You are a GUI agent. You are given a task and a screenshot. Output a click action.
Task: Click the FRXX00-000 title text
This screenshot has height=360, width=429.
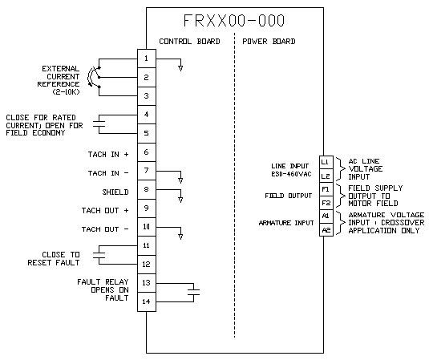click(234, 21)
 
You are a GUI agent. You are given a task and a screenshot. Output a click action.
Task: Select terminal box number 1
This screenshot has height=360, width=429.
click(147, 59)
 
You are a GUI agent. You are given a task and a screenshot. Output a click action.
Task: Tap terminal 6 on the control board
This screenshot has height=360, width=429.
click(147, 152)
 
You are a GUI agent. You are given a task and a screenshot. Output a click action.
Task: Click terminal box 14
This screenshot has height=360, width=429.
click(147, 301)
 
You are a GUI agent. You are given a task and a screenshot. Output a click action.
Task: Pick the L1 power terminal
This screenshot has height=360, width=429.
click(326, 162)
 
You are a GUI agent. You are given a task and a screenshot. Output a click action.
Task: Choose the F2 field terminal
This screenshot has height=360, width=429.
click(326, 203)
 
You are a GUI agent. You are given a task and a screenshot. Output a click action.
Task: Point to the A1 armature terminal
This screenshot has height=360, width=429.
click(326, 216)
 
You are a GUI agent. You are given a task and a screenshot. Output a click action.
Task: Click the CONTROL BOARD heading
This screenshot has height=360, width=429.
click(189, 42)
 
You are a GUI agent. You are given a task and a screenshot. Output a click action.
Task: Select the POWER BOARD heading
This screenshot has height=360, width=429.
click(269, 42)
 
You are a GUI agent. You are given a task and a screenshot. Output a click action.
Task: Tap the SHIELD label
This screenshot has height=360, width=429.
click(115, 192)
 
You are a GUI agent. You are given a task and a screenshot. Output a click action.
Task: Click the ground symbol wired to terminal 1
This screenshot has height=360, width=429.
click(180, 68)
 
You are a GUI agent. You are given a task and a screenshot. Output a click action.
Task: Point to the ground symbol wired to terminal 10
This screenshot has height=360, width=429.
click(180, 237)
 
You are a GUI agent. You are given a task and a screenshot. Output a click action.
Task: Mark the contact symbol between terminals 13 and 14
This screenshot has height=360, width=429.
click(194, 292)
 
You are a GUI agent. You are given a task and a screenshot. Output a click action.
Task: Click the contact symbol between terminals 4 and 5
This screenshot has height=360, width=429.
click(99, 124)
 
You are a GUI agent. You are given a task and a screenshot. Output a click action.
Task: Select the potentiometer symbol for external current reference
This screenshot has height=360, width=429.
click(93, 77)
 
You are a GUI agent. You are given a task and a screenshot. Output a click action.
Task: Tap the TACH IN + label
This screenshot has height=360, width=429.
click(108, 155)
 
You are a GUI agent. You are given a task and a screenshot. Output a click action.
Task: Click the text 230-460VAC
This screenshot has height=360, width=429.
click(291, 174)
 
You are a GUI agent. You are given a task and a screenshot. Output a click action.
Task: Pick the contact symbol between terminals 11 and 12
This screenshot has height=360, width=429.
click(99, 255)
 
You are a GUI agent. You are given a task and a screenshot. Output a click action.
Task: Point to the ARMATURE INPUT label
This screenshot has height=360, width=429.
click(286, 223)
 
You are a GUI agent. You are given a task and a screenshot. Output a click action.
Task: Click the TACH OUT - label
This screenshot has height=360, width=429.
click(105, 229)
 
